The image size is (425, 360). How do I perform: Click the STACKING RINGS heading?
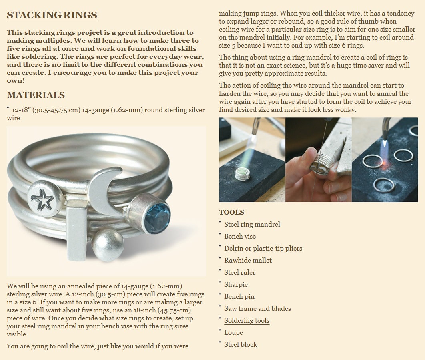[52, 15]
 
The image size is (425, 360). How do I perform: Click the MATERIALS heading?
[36, 95]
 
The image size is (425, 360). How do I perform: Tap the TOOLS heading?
[231, 212]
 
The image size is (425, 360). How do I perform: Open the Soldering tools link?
[247, 320]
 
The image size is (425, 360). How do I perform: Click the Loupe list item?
[233, 332]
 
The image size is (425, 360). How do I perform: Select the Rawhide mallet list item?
[248, 260]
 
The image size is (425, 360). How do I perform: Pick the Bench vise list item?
[240, 236]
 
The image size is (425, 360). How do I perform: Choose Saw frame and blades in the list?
[257, 308]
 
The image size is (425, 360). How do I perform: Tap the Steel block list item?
[241, 344]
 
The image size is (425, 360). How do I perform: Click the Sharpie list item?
[236, 284]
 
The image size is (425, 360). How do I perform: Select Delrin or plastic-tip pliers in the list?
[263, 248]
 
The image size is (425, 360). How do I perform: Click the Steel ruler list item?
[239, 272]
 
